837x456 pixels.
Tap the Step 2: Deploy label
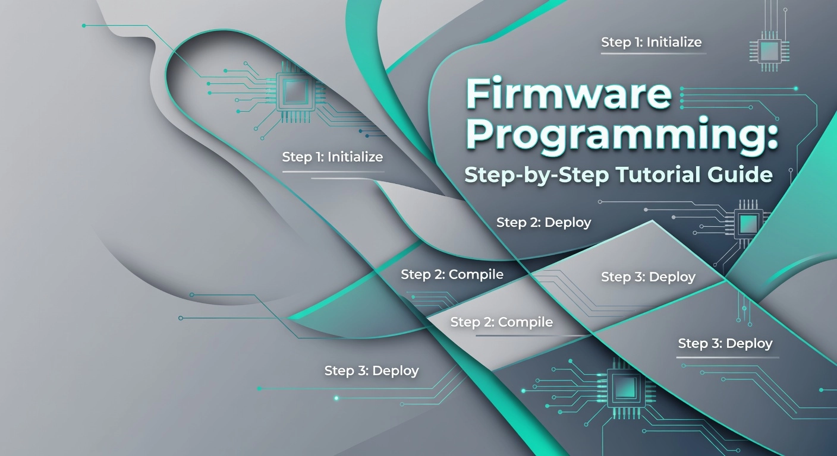point(544,223)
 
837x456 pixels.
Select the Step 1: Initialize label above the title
point(652,42)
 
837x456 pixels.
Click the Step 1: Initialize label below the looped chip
point(332,157)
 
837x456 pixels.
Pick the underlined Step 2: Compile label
point(502,322)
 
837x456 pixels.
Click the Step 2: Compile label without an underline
point(452,274)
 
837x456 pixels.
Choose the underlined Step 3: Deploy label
point(725,343)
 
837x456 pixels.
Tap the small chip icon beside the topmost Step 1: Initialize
point(769,51)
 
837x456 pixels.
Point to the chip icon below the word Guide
point(748,223)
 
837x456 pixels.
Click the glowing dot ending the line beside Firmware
point(795,88)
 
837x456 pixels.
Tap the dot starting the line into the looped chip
point(84,26)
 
